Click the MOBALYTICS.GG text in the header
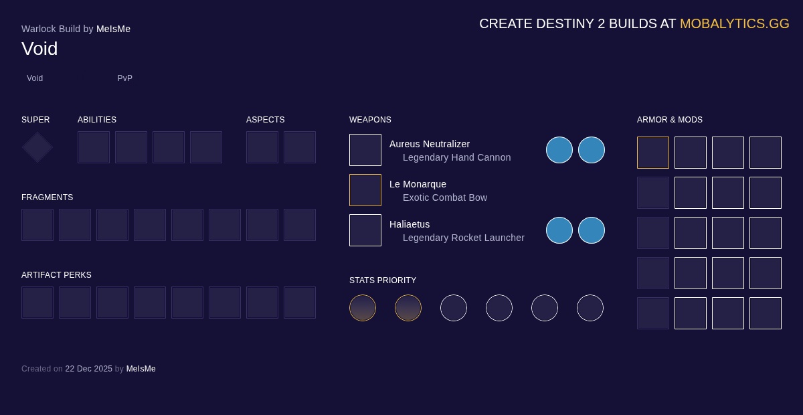point(734,23)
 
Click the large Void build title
point(39,49)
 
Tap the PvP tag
point(125,78)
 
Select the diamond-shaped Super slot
point(37,147)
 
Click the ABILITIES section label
point(97,120)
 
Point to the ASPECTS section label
point(265,120)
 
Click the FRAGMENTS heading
point(47,197)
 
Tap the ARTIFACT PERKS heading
point(56,275)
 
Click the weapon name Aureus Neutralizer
point(430,144)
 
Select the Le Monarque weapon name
point(418,184)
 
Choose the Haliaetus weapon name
point(410,224)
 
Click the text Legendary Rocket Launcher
point(464,238)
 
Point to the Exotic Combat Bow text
point(445,197)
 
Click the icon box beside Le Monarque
point(365,190)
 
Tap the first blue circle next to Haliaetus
point(559,230)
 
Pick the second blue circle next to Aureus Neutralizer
point(592,150)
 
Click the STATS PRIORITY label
point(383,280)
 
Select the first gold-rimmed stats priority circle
point(363,308)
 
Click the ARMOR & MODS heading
point(670,120)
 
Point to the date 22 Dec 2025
point(88,369)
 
